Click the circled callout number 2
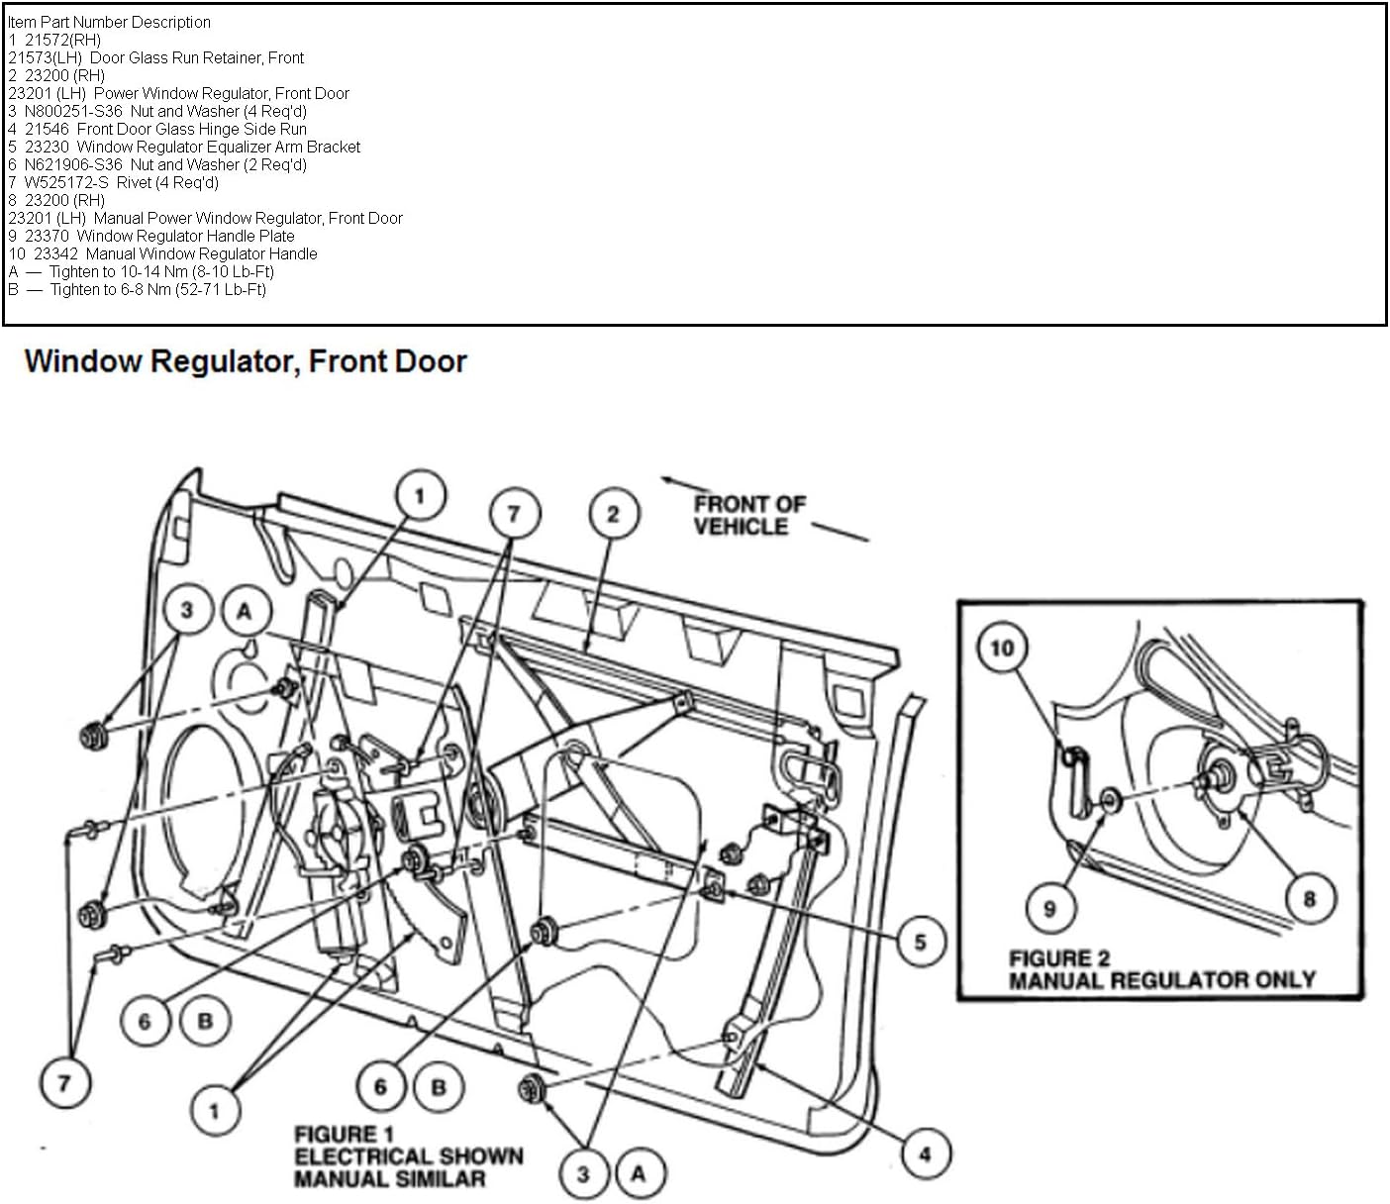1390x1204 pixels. [613, 514]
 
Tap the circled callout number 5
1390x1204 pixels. [920, 942]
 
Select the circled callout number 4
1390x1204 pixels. [925, 1154]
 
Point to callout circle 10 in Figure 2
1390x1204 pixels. [1002, 648]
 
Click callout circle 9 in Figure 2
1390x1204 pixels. [1049, 908]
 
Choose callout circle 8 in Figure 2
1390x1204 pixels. [1310, 899]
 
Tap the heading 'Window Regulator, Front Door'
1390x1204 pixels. [245, 361]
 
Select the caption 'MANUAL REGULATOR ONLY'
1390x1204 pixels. [1161, 980]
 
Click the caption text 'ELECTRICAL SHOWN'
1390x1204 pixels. [408, 1156]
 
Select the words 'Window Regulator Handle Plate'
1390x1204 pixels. [185, 236]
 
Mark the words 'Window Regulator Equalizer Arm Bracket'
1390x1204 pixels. [218, 147]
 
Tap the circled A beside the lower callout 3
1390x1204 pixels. [639, 1174]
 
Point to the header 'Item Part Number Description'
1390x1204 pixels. [109, 22]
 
